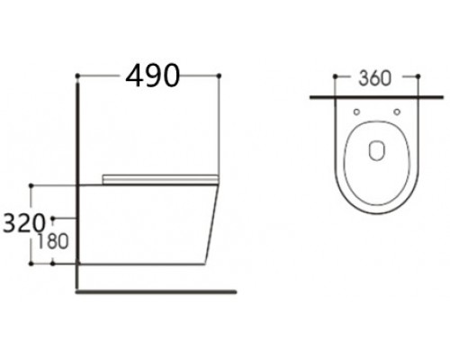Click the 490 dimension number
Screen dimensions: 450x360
coord(152,76)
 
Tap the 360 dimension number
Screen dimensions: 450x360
coord(375,78)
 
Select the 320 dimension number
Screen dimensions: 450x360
coord(23,223)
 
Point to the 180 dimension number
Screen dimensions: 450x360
coord(53,241)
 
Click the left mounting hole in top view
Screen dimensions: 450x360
coord(356,112)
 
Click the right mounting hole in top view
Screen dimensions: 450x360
coord(397,112)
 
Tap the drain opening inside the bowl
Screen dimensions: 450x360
coord(376,150)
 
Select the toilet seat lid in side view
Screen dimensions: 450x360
coord(160,179)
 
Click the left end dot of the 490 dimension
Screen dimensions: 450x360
coord(77,76)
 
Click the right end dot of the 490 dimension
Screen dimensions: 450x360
coord(219,76)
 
